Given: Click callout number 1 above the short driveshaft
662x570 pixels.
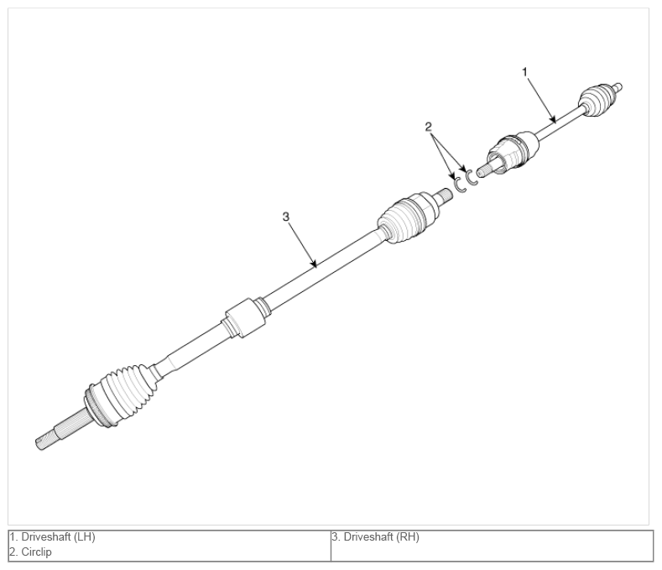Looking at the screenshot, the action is pos(524,72).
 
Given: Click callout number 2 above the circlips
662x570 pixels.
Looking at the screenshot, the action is pos(428,127).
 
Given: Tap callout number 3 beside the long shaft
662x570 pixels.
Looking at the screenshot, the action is pos(286,217).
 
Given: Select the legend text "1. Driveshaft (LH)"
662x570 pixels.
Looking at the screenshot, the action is pos(52,537).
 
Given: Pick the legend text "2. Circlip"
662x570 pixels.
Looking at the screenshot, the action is pos(30,552).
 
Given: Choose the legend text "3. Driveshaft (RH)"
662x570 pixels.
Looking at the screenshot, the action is pos(375,537).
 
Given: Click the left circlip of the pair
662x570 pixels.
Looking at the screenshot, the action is pos(460,186).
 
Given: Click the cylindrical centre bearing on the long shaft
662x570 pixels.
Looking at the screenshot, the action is pos(246,318).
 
